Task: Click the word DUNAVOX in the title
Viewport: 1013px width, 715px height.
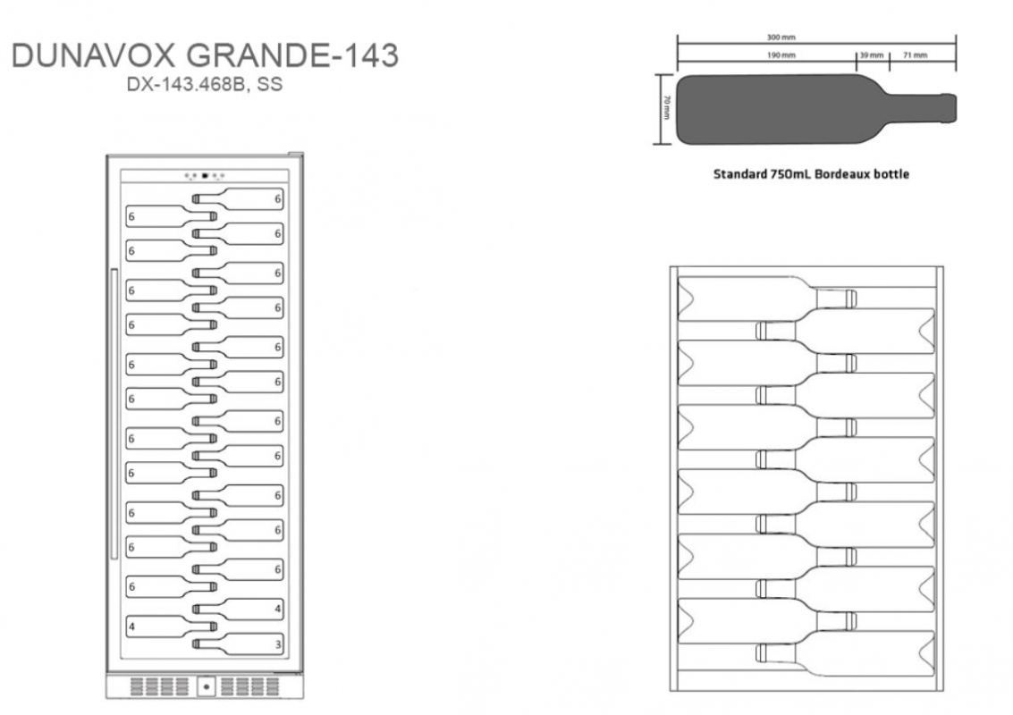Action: pos(94,55)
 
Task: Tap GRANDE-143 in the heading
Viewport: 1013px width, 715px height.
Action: pos(292,55)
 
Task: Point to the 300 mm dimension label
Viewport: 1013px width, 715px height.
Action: pos(781,38)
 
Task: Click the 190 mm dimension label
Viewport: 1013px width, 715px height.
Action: pos(781,55)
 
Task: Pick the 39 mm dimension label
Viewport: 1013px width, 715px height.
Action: pos(872,55)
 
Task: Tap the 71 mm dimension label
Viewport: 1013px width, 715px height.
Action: pos(915,55)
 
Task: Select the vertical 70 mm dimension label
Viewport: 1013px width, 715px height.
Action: pos(667,108)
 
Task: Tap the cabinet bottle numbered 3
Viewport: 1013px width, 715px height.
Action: pos(239,644)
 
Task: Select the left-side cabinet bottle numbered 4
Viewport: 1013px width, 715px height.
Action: pos(171,626)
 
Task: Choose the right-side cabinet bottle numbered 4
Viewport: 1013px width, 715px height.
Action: pos(239,609)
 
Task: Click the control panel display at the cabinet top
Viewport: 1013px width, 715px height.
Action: pos(205,176)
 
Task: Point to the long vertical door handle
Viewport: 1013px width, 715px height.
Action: pos(114,414)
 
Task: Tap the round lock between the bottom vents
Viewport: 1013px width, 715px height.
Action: pos(207,686)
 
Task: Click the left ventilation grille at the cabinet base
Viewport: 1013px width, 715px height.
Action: pos(160,686)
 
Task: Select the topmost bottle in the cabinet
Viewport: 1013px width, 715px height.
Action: pos(239,199)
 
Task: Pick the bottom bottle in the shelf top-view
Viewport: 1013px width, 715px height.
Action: pos(845,653)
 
